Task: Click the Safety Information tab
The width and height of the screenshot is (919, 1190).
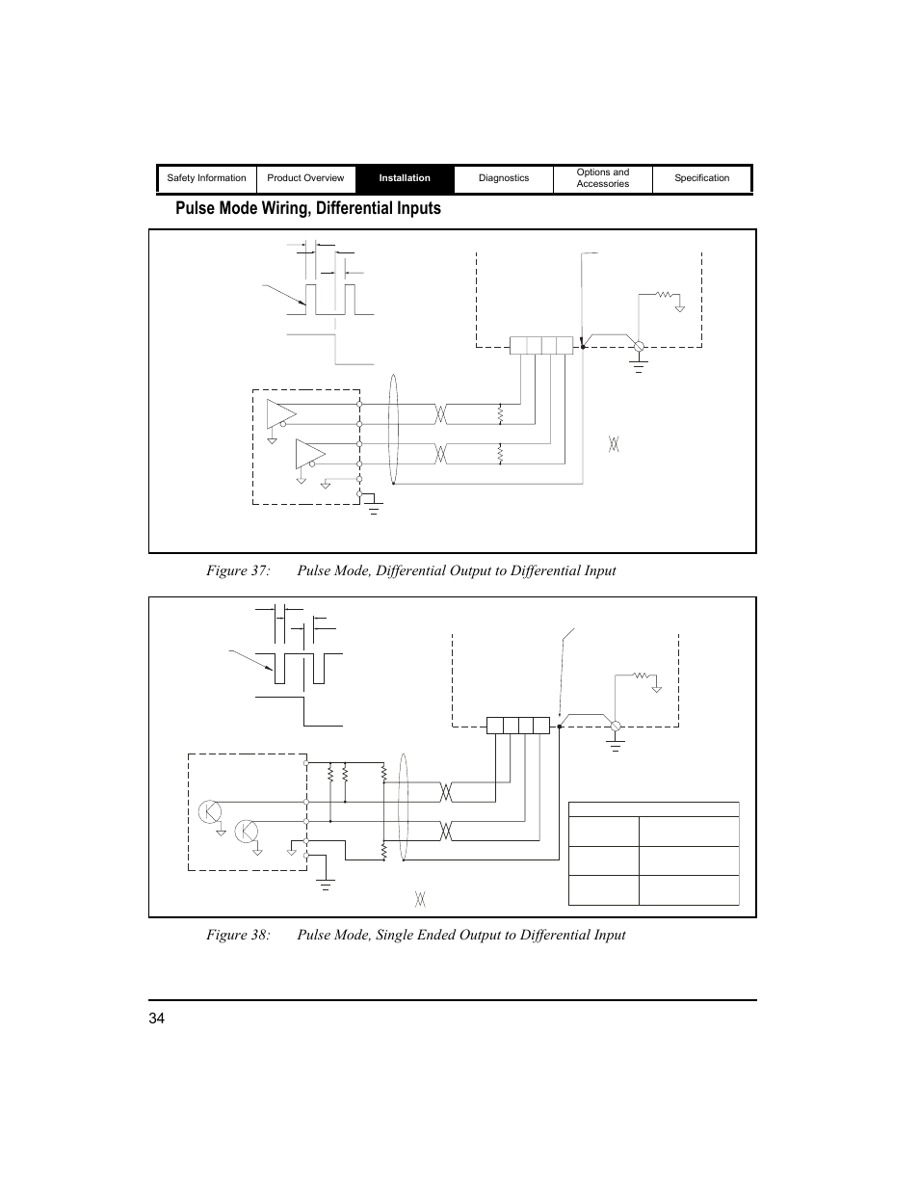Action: (206, 178)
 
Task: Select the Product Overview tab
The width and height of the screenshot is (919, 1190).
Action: (305, 178)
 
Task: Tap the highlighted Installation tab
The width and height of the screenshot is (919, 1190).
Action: (405, 178)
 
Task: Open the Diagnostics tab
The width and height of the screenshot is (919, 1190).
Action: (504, 178)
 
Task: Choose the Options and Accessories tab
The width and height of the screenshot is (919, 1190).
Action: (603, 178)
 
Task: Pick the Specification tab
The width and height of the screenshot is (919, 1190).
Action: (701, 178)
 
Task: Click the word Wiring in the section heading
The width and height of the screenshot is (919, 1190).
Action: (297, 208)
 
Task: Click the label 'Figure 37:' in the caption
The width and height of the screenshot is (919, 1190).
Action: (237, 570)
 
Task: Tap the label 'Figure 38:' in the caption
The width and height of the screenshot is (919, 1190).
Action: (237, 935)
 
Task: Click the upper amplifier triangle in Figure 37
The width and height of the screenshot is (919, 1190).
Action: (280, 412)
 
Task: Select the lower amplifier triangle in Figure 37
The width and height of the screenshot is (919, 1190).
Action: (309, 452)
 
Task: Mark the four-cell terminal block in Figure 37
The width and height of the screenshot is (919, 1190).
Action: (541, 345)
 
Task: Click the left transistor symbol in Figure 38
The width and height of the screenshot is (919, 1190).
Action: (210, 811)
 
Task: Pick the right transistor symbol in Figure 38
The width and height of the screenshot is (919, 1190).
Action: (247, 831)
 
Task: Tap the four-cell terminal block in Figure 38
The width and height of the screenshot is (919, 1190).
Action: (518, 726)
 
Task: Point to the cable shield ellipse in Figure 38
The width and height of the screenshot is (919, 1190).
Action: (403, 808)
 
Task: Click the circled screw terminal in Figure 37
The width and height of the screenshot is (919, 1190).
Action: (638, 346)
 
